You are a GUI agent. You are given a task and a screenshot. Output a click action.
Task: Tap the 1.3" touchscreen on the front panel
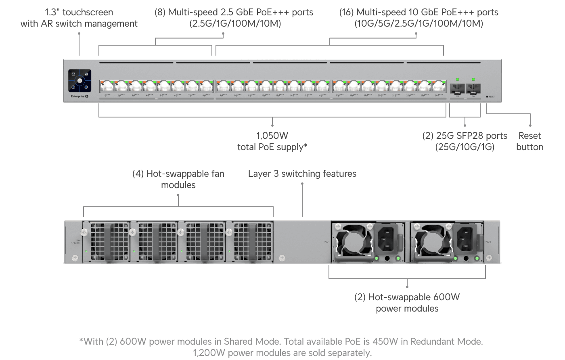pos(80,81)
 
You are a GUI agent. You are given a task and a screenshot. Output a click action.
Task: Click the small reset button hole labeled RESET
pos(487,97)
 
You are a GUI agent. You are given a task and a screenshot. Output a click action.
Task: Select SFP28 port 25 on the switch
pos(457,88)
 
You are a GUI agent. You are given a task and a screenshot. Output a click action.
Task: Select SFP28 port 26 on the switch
pos(473,88)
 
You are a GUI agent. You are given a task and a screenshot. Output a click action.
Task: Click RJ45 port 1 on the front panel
pos(107,86)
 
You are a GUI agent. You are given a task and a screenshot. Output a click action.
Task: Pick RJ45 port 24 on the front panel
pos(438,86)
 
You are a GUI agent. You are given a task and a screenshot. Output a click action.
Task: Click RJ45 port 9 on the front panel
pos(223,86)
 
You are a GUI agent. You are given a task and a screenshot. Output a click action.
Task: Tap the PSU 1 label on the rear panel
pos(327,242)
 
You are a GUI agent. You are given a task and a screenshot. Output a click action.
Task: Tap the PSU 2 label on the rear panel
pos(488,242)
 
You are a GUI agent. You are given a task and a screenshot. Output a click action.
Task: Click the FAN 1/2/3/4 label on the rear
pos(76,242)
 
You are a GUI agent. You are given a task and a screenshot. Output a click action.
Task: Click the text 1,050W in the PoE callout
pos(272,136)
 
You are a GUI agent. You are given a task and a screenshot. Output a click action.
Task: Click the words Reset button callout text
pos(529,141)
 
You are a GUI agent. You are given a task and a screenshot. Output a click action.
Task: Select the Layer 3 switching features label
pos(302,174)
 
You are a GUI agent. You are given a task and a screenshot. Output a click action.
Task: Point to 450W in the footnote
pos(385,341)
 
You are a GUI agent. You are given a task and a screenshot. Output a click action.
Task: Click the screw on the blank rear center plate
pos(282,257)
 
